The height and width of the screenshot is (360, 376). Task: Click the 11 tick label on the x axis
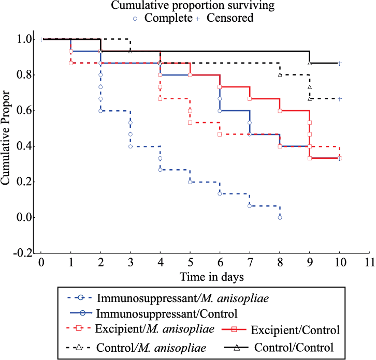click(369, 262)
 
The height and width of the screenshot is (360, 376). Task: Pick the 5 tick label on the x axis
click(190, 262)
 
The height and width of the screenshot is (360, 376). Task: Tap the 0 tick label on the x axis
click(40, 262)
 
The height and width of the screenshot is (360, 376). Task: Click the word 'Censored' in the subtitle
click(230, 19)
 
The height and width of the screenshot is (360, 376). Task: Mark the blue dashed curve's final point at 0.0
click(280, 218)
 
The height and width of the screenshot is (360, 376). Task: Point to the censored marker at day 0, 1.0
click(40, 39)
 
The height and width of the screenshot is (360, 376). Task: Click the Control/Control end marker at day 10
click(339, 63)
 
